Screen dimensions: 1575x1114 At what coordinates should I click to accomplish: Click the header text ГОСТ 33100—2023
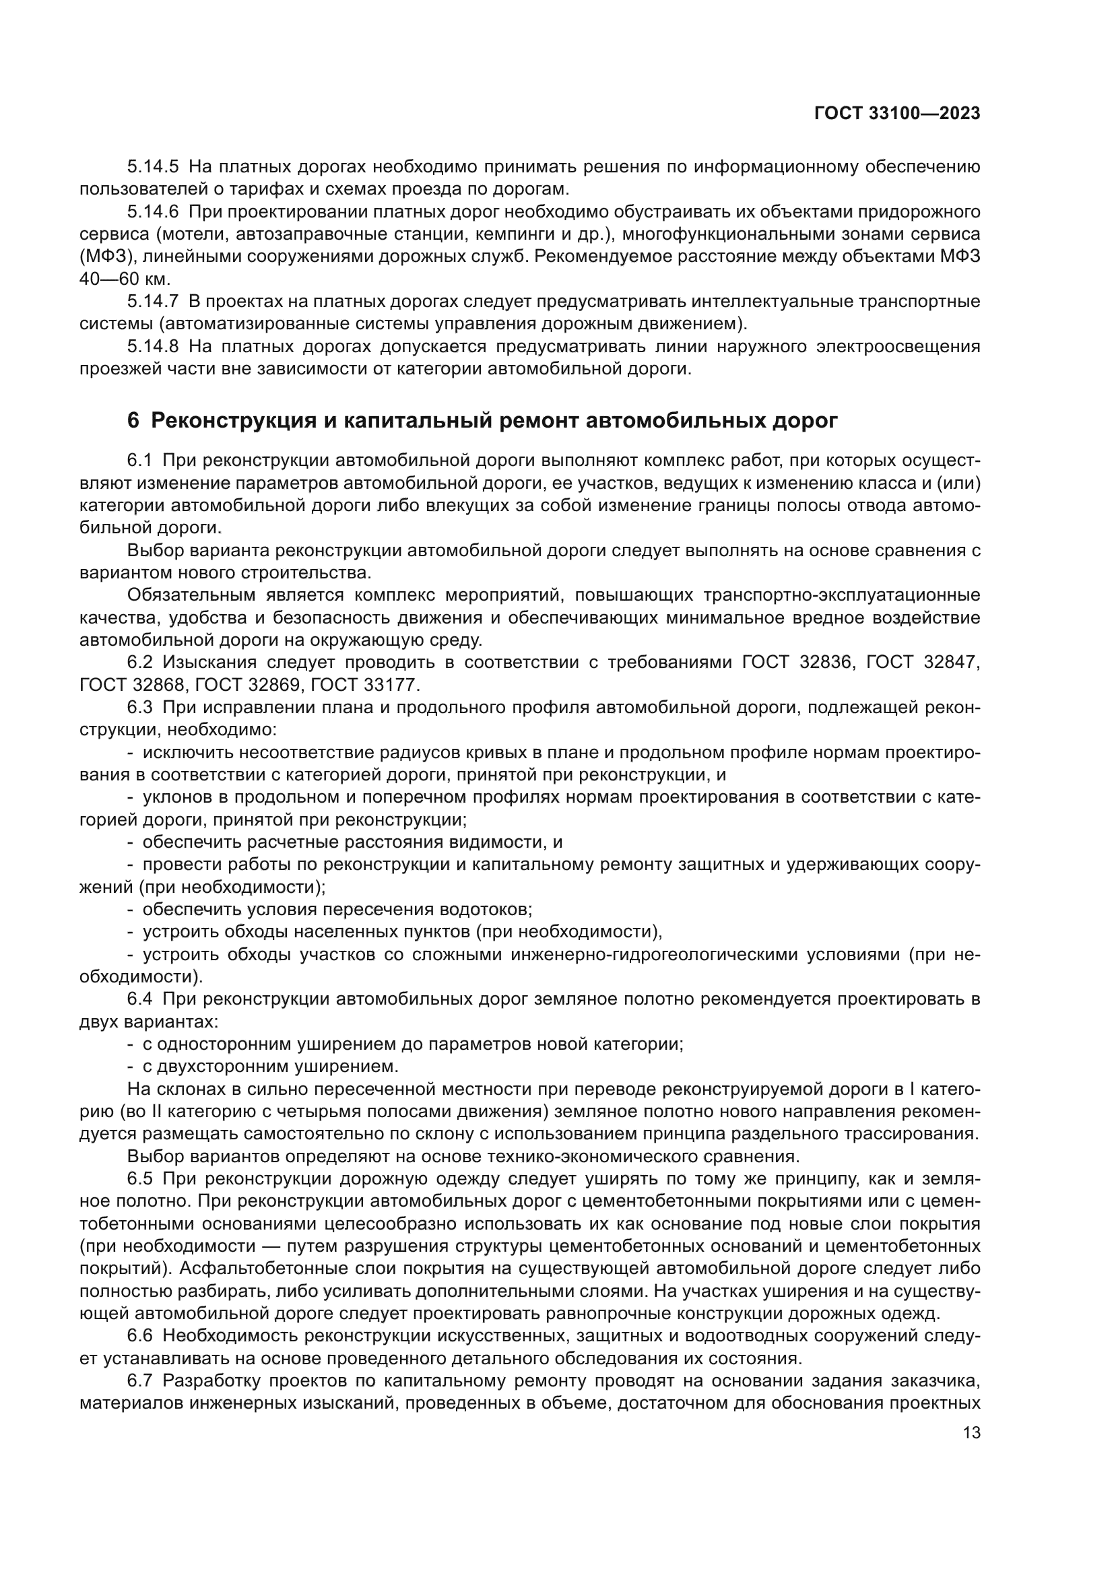click(896, 114)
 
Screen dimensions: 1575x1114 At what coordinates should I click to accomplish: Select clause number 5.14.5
click(152, 167)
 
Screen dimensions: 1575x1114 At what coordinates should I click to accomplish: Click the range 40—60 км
click(124, 279)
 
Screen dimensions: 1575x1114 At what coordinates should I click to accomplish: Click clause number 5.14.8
click(152, 346)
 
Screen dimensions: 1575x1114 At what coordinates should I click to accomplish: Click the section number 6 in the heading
click(133, 420)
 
